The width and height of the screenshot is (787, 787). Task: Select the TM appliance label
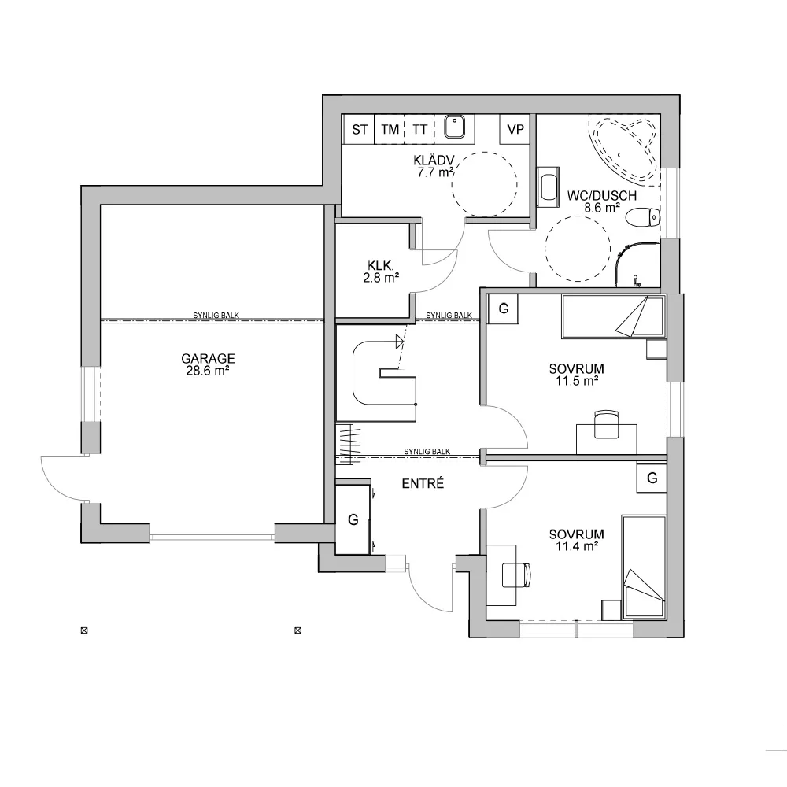(x=390, y=130)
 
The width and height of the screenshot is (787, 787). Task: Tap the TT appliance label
(x=419, y=130)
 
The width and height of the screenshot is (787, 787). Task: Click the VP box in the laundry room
(x=515, y=130)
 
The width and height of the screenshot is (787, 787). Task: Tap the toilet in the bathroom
(x=643, y=217)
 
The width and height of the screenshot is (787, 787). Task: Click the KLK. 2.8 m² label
(x=381, y=271)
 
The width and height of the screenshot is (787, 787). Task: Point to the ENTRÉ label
(x=423, y=484)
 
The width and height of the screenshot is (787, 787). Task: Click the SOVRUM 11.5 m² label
(x=576, y=375)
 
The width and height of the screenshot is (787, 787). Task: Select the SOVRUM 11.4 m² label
(x=576, y=540)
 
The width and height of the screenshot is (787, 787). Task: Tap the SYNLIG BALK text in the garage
(x=216, y=316)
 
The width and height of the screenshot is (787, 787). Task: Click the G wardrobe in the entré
(x=353, y=520)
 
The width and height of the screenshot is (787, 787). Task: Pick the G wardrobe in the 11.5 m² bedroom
(x=504, y=309)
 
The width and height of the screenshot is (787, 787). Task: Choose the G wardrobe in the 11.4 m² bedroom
(x=652, y=478)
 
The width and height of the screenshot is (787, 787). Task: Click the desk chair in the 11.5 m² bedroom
(x=606, y=423)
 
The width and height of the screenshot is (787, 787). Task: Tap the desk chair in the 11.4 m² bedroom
(x=516, y=575)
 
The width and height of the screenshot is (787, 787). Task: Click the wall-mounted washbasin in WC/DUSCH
(x=548, y=187)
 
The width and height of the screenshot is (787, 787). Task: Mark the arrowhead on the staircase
(x=400, y=342)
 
